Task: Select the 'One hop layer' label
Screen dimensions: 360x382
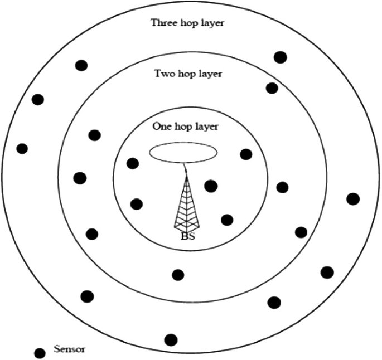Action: point(185,127)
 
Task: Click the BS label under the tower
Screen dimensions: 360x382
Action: point(187,236)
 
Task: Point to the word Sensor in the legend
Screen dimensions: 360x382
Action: point(69,350)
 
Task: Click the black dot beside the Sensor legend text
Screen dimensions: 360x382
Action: point(40,353)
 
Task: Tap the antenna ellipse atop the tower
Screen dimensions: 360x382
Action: point(184,153)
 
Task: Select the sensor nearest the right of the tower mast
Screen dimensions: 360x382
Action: point(211,186)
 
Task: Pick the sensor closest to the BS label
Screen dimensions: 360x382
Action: point(227,220)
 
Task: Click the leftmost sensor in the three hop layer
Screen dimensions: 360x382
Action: point(22,149)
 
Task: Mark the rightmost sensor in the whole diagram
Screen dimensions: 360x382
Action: point(353,198)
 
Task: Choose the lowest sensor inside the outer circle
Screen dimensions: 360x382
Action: point(171,339)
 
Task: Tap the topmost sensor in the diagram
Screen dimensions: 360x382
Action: point(281,57)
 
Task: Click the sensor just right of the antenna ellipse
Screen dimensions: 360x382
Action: point(245,154)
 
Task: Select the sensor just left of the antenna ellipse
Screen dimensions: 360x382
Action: point(133,163)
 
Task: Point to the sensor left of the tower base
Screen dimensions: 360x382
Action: point(136,203)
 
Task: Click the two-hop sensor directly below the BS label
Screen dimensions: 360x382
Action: point(178,275)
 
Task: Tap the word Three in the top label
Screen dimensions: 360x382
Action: point(163,23)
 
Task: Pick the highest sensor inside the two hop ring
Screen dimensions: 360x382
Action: point(272,88)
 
